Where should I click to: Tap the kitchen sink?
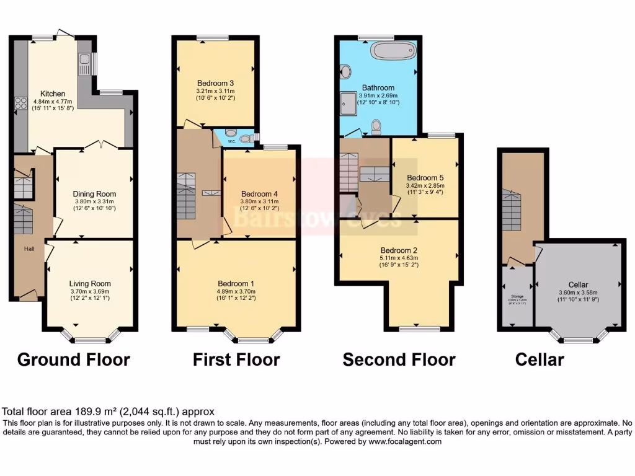[x=84, y=63]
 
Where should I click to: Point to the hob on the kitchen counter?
[x=20, y=102]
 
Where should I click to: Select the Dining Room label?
[x=94, y=194]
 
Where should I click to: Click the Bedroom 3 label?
[x=215, y=83]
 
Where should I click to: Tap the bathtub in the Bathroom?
[x=393, y=50]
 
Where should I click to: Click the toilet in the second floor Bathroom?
[x=376, y=126]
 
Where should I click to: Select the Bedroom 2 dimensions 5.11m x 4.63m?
[x=398, y=258]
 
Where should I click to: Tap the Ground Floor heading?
[x=73, y=359]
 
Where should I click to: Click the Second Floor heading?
[x=399, y=359]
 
